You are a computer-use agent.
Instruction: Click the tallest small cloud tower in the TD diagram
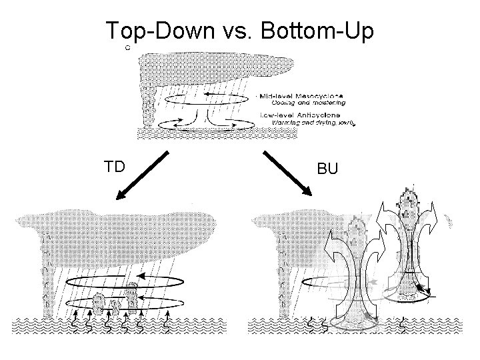point(132,293)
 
